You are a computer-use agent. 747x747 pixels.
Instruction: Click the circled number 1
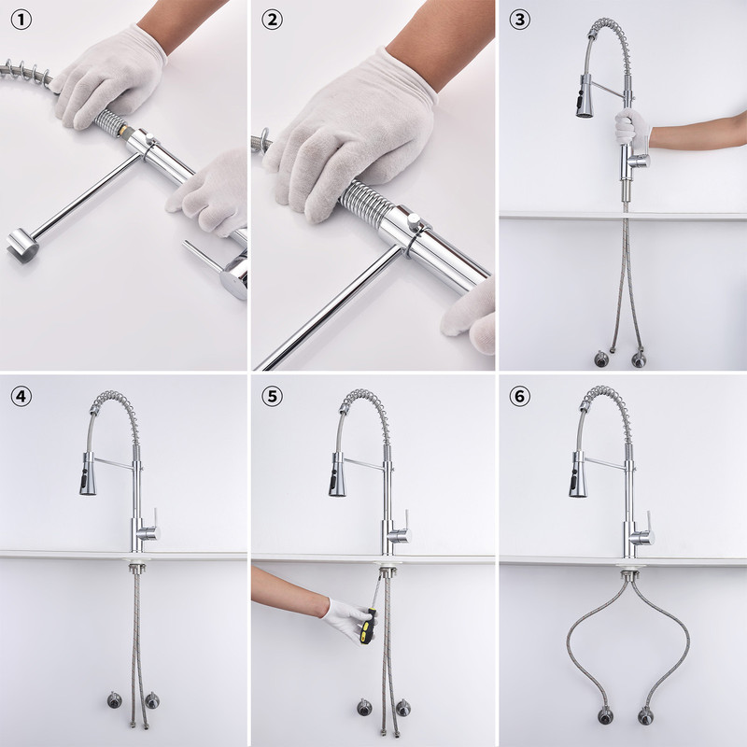[x=21, y=20]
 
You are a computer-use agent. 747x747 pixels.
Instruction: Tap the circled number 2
[x=272, y=20]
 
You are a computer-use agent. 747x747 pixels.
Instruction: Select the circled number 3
[x=520, y=20]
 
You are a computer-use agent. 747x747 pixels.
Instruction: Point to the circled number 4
[x=21, y=396]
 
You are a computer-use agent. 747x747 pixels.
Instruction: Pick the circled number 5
[x=272, y=396]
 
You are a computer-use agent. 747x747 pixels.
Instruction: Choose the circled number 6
[x=520, y=396]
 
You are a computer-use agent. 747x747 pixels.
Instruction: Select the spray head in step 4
[x=87, y=474]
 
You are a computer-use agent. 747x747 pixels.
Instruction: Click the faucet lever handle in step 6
[x=648, y=523]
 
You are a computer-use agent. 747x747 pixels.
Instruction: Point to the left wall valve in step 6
[x=605, y=715]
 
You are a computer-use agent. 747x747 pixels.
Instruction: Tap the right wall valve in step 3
[x=639, y=359]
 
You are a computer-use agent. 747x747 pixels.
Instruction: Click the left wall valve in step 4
[x=114, y=699]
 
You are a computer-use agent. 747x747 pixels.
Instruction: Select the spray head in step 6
[x=577, y=475]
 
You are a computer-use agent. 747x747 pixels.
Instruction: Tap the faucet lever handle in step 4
[x=155, y=519]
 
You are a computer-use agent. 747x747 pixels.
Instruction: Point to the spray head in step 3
[x=585, y=96]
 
